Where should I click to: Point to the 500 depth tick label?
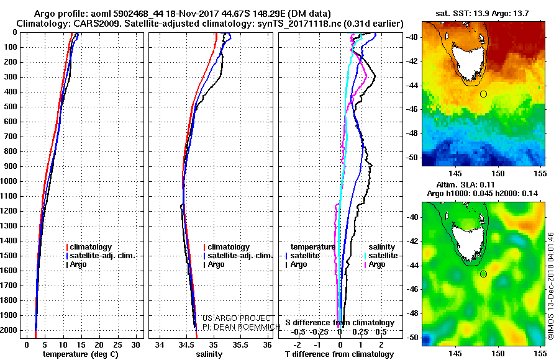coord(12,107)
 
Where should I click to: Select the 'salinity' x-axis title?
coord(208,354)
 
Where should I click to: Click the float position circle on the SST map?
coord(483,94)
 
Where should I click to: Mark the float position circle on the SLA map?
coord(483,274)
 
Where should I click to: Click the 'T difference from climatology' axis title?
coord(339,354)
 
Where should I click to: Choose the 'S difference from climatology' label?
coord(339,323)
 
